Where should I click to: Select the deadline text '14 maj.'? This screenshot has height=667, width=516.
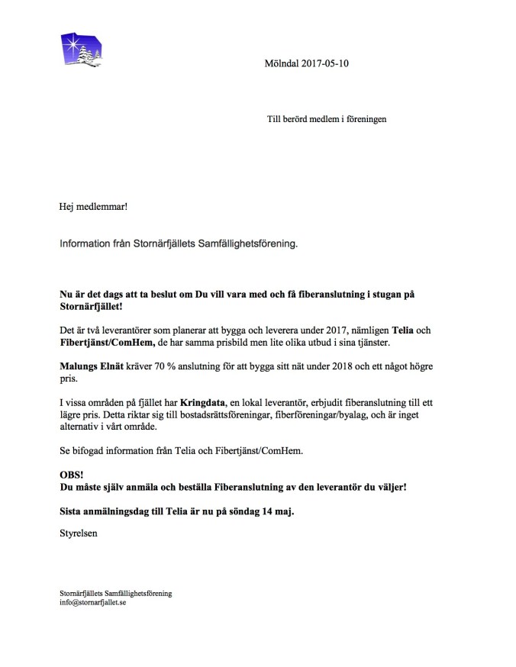pos(276,511)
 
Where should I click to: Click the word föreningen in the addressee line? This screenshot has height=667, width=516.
pos(366,120)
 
